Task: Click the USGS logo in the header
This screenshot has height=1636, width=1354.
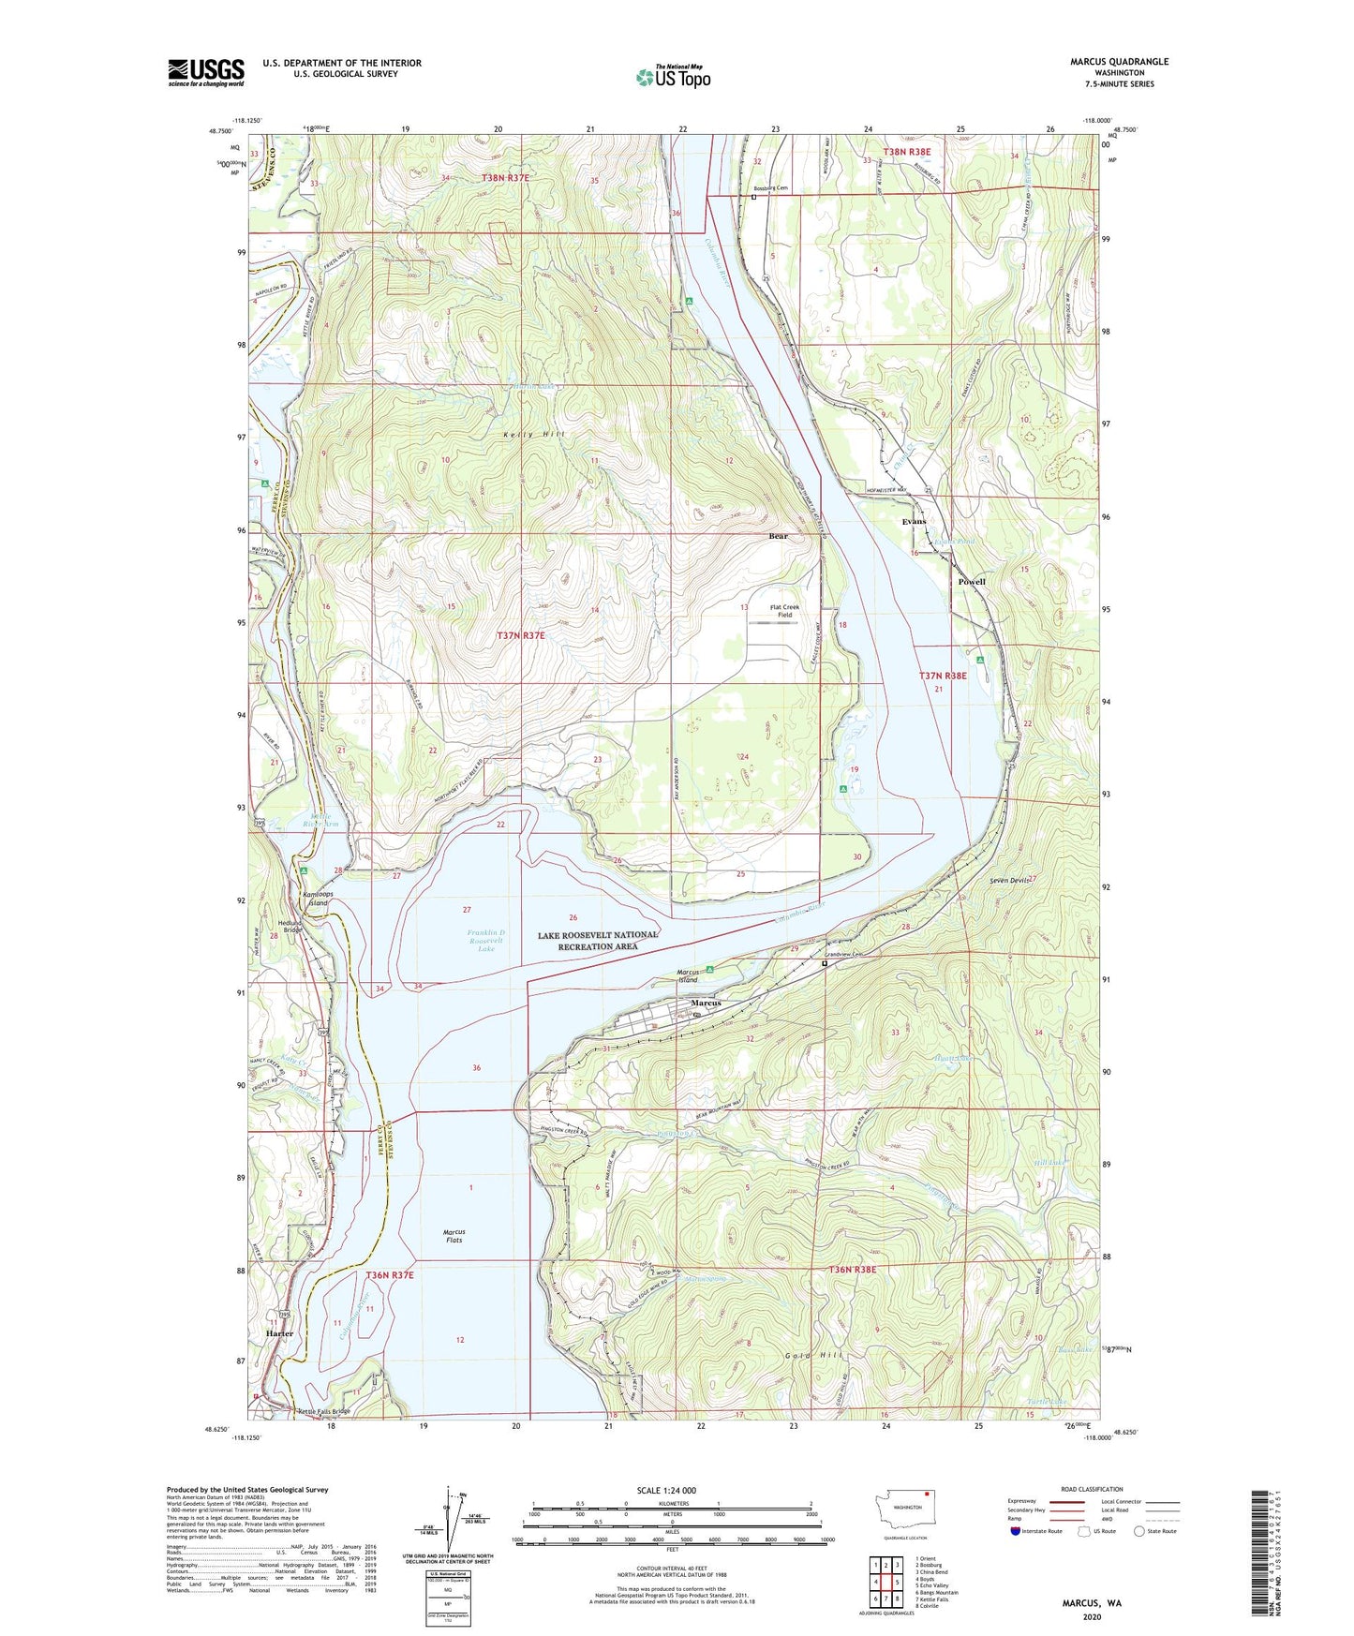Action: click(206, 72)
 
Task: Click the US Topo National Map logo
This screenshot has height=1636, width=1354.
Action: click(673, 77)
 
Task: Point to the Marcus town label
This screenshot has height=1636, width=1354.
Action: click(706, 1003)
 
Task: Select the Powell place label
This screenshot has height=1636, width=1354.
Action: click(972, 582)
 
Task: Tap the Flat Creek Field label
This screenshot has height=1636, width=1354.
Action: click(784, 611)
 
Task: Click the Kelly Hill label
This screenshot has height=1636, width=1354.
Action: click(534, 436)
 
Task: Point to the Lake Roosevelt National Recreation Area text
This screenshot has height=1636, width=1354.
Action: click(598, 941)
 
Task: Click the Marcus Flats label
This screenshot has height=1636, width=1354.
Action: click(454, 1236)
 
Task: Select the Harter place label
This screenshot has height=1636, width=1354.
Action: click(279, 1332)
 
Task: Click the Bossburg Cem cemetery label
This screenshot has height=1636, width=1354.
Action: click(770, 188)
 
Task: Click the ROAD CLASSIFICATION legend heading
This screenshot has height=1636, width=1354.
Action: click(1092, 1489)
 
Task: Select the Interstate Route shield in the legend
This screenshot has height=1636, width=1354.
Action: click(1017, 1532)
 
